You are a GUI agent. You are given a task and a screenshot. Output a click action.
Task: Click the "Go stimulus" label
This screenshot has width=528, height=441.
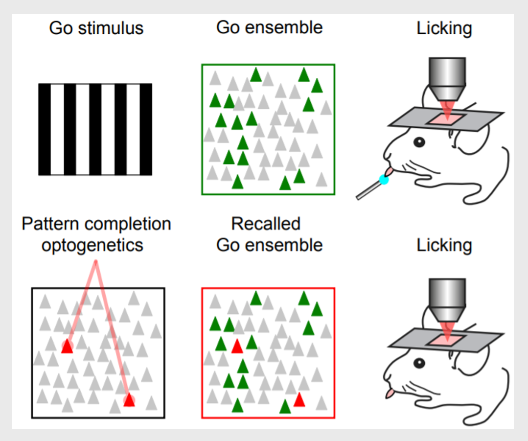96,28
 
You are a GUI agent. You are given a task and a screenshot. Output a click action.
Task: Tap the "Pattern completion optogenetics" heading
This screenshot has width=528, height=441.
96,234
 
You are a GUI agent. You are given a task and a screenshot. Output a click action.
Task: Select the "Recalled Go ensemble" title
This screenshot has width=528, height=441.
269,234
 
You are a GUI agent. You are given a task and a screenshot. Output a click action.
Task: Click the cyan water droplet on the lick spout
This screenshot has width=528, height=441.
384,180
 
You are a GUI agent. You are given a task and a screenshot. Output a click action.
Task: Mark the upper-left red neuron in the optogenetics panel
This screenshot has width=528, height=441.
67,347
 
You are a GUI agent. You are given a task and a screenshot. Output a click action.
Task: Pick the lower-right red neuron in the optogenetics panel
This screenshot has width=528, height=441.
129,400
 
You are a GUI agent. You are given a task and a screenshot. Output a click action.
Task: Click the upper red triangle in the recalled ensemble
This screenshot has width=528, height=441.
237,346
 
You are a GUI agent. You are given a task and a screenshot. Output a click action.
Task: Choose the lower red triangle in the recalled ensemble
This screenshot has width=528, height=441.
299,400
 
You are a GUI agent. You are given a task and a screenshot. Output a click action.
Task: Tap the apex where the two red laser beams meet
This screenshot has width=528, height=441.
95,262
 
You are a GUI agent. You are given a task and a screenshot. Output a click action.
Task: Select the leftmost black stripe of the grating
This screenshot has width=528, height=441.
45,129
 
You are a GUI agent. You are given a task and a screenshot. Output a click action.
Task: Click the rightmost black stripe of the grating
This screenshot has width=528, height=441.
146,129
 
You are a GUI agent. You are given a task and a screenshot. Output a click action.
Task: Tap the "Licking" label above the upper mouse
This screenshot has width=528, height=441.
444,28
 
